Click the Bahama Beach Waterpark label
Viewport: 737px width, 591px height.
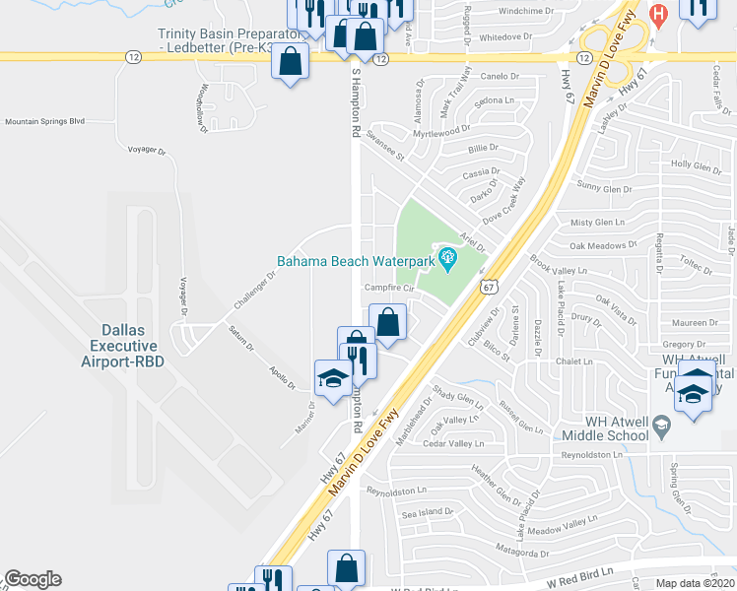357,262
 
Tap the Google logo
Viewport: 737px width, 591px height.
33,579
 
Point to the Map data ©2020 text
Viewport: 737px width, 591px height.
696,582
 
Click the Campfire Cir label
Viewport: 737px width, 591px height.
387,288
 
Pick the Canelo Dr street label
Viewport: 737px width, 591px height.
499,76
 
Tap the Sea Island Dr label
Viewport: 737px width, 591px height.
425,512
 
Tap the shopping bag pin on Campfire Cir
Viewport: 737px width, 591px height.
388,321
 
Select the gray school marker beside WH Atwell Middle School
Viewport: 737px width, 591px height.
662,426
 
